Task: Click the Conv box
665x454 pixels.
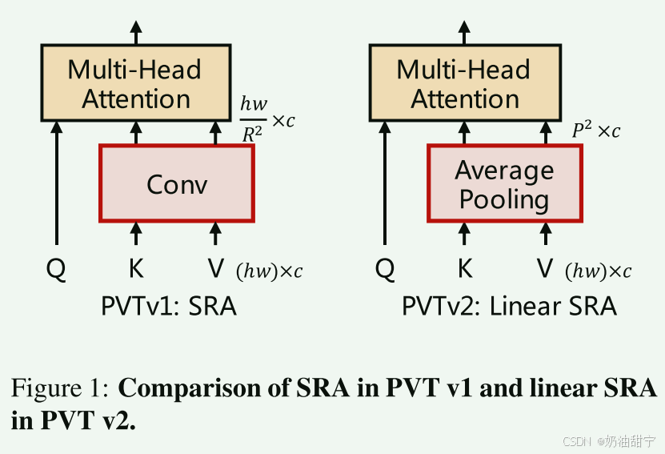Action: tap(177, 183)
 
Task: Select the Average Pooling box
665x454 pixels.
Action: tap(504, 183)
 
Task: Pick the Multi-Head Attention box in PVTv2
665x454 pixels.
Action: tap(464, 83)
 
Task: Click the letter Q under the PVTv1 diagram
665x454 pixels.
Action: tap(56, 270)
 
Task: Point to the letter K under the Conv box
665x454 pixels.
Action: tap(136, 270)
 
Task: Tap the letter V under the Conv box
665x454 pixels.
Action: tap(215, 270)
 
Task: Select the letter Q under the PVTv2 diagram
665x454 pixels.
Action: tap(385, 270)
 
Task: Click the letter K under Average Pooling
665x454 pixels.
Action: tap(465, 270)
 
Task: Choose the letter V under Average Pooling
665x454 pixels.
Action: tap(545, 270)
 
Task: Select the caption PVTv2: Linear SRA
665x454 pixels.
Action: tap(509, 306)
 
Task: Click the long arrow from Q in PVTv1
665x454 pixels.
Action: tap(56, 184)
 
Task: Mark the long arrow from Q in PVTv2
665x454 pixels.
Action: tap(385, 184)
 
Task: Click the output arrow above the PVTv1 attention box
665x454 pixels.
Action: tap(135, 32)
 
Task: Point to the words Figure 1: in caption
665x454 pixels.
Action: tap(60, 389)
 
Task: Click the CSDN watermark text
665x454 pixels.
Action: tap(575, 441)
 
